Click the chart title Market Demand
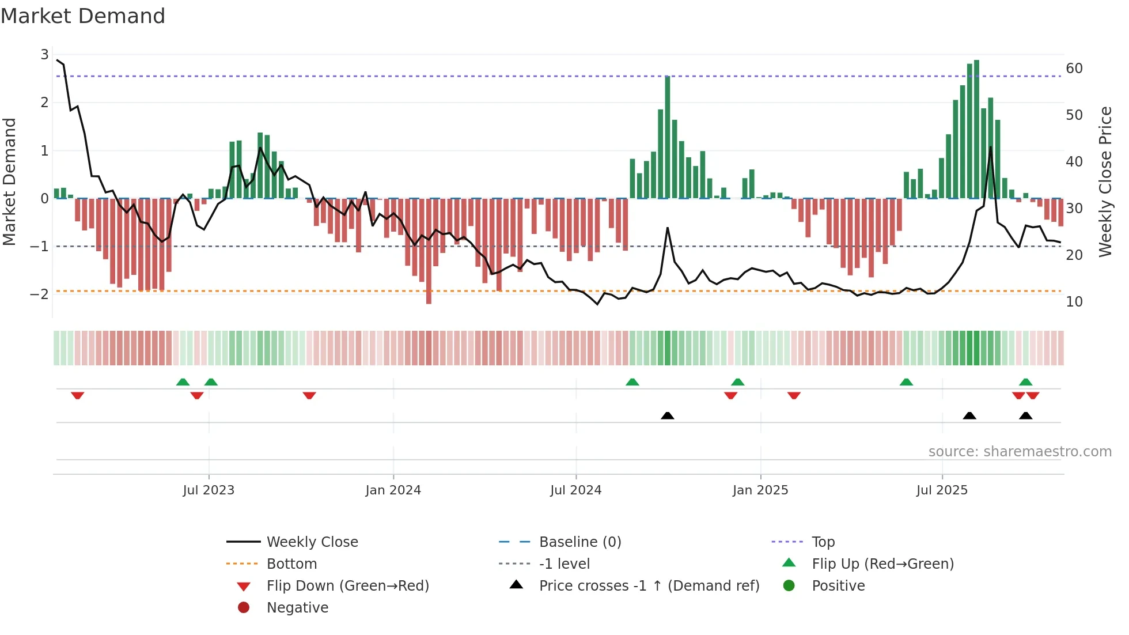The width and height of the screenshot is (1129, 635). click(x=83, y=16)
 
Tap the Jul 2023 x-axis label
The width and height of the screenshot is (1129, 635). click(x=209, y=490)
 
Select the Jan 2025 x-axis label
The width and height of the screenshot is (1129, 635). click(x=760, y=490)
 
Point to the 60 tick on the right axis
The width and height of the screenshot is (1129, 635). click(x=1074, y=69)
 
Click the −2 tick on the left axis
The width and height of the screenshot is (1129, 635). click(x=40, y=294)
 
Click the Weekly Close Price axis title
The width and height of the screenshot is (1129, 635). click(x=1105, y=182)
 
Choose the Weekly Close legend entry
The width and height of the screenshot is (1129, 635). click(x=312, y=542)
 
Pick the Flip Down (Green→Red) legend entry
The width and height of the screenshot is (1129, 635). click(x=347, y=586)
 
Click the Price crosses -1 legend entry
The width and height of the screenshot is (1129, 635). click(x=649, y=586)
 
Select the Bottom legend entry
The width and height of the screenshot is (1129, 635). click(x=291, y=564)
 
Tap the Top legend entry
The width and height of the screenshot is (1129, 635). click(x=823, y=542)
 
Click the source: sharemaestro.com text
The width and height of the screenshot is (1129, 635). click(x=1020, y=452)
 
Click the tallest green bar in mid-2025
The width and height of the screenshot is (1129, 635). click(x=976, y=129)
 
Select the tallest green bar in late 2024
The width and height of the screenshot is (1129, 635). click(x=668, y=137)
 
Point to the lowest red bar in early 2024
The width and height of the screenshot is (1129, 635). click(x=429, y=251)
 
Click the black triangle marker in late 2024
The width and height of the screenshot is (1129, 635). click(x=668, y=415)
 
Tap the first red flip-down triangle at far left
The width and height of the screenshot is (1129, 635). click(x=78, y=395)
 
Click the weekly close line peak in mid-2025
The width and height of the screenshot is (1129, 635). click(x=991, y=148)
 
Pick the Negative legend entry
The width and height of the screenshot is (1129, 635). click(x=297, y=608)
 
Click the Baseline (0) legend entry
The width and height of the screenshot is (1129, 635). click(x=579, y=542)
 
